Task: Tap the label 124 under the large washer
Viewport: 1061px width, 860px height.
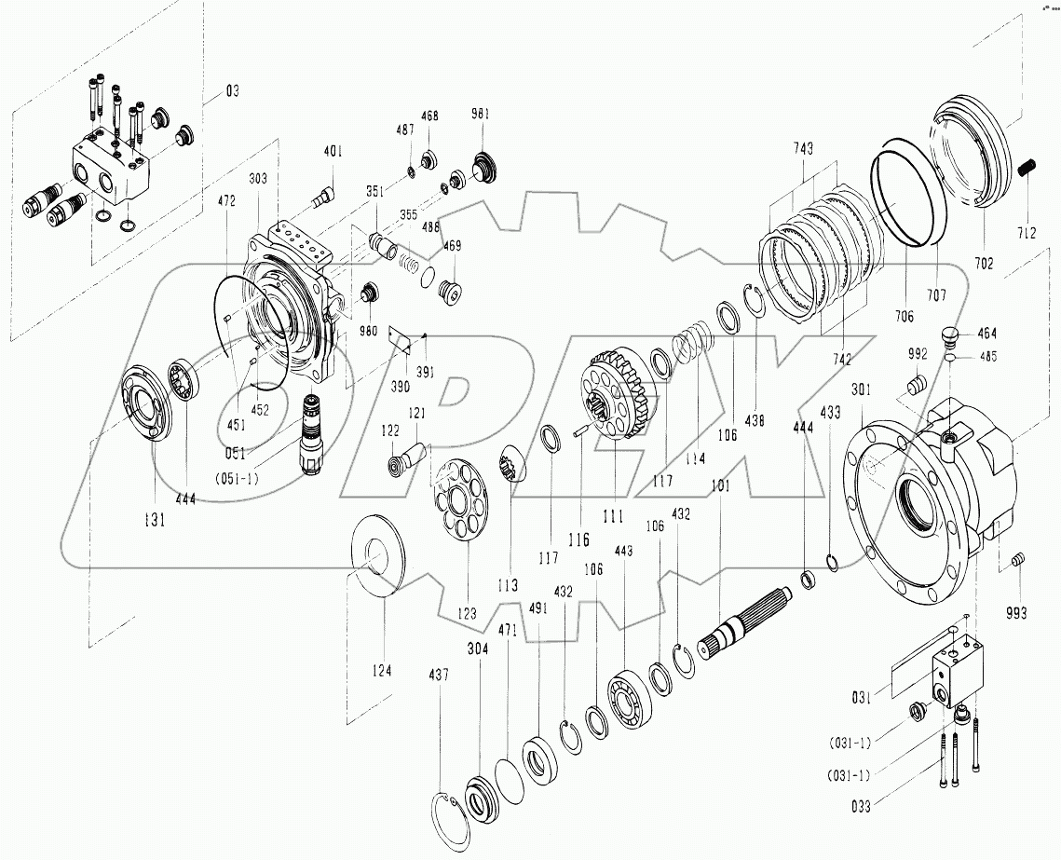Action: pyautogui.click(x=382, y=671)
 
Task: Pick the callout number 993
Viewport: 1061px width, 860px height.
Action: pyautogui.click(x=1016, y=612)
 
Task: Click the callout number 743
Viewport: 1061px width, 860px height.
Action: pyautogui.click(x=804, y=149)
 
